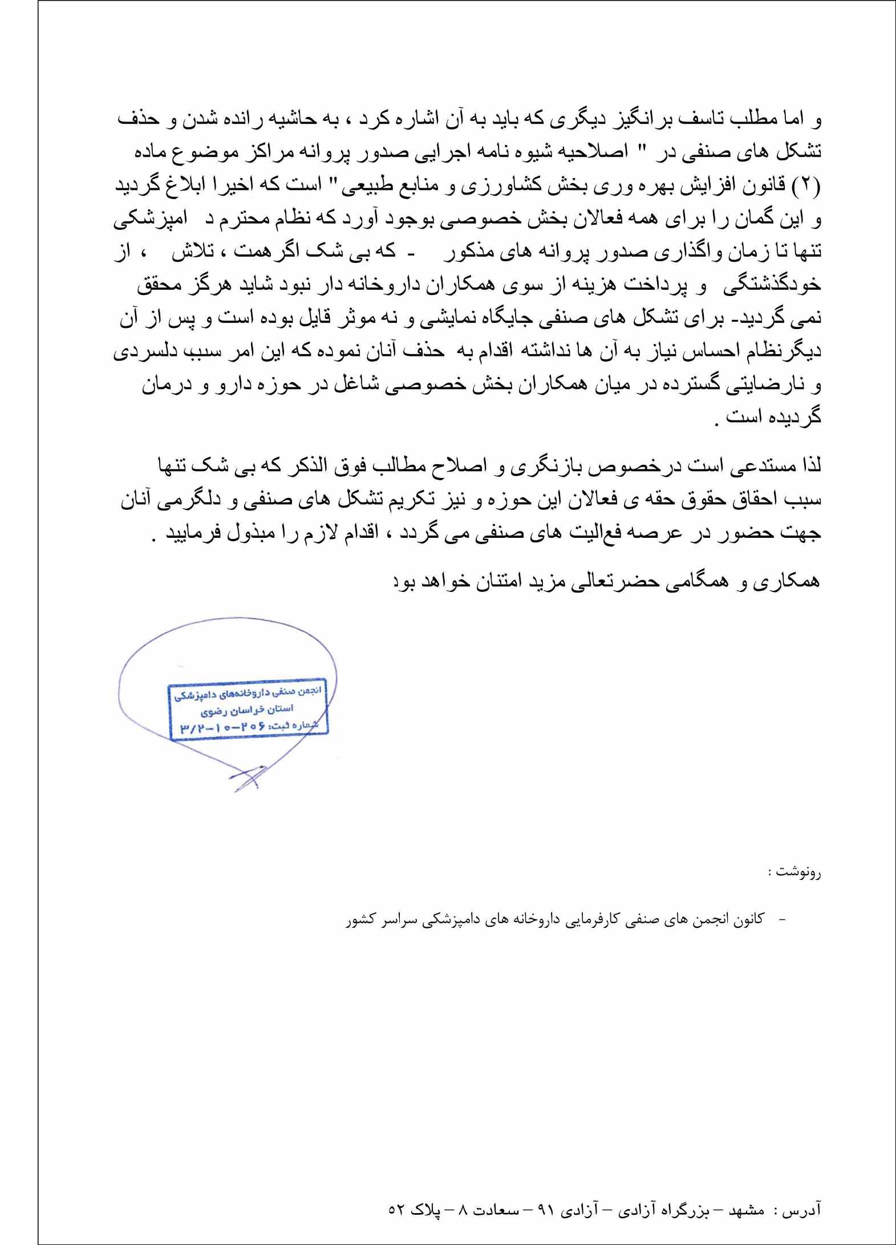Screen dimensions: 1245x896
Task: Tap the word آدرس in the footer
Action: [804, 1210]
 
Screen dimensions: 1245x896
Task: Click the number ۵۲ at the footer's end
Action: [397, 1210]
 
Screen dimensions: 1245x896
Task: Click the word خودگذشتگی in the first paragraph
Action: [772, 285]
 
